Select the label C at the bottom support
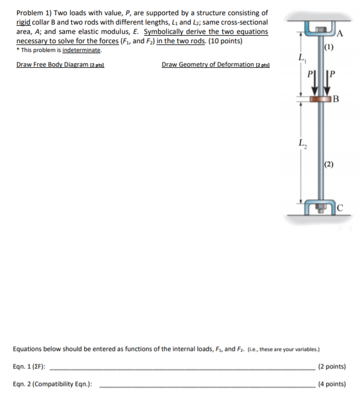pyautogui.click(x=340, y=208)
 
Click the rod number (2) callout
pyautogui.click(x=329, y=164)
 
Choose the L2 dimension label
pyautogui.click(x=300, y=143)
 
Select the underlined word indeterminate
pyautogui.click(x=81, y=50)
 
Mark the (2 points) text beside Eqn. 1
pyautogui.click(x=332, y=367)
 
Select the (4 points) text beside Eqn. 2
pyautogui.click(x=332, y=385)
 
